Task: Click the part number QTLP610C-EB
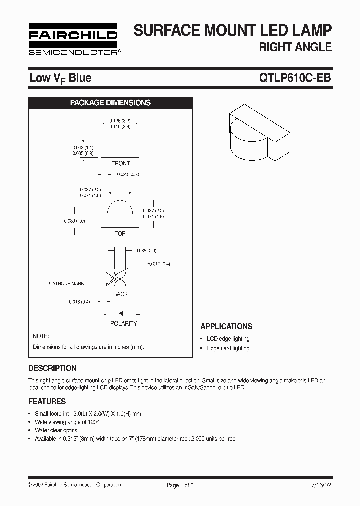click(x=295, y=78)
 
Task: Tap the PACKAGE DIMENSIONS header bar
click(x=110, y=103)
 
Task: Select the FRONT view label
click(x=120, y=163)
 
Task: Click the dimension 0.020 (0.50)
click(x=129, y=175)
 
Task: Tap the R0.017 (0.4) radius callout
click(x=158, y=264)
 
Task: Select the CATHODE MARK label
click(x=66, y=284)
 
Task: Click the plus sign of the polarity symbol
click(x=138, y=314)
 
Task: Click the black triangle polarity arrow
click(x=121, y=313)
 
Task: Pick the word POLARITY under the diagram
click(x=123, y=324)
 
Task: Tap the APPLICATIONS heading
click(x=226, y=326)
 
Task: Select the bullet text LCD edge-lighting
click(x=228, y=339)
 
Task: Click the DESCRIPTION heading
click(x=52, y=368)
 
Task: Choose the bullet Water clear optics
click(x=56, y=430)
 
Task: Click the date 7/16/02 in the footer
click(x=321, y=485)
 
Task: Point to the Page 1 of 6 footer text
click(x=180, y=485)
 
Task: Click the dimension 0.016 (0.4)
click(x=79, y=302)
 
